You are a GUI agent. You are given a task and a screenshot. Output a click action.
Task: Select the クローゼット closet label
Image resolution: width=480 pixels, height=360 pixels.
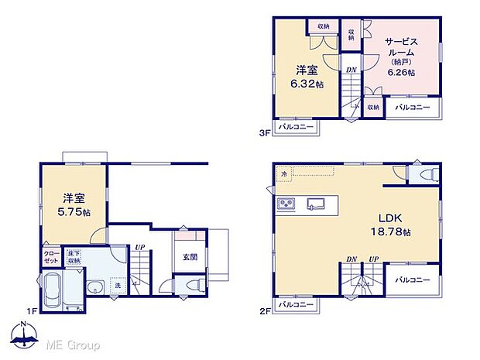(50, 258)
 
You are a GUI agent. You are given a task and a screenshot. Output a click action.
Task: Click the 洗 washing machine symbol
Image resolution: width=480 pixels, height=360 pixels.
(117, 284)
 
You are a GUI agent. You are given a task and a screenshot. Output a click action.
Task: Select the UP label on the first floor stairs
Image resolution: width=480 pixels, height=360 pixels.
(139, 249)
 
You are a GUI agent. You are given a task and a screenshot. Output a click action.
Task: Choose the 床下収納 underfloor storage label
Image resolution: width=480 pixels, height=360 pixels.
(74, 257)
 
